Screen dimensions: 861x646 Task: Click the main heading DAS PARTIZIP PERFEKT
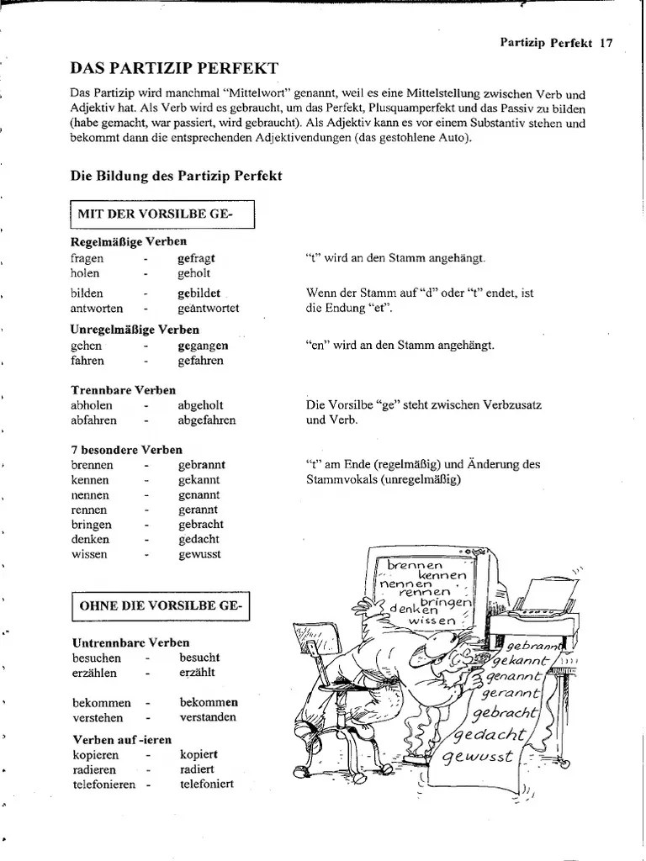point(174,67)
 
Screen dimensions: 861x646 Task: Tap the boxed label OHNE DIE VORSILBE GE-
point(161,605)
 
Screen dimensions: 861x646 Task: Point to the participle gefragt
point(197,259)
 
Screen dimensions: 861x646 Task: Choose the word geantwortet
point(209,308)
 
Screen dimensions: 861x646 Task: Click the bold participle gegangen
point(203,346)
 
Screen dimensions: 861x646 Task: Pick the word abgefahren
point(207,420)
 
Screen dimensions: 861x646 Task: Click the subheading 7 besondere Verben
point(127,450)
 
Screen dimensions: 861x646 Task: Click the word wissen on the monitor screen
point(431,621)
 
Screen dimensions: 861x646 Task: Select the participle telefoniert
point(206,784)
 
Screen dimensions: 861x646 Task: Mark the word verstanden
point(208,717)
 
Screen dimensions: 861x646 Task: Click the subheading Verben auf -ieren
point(122,739)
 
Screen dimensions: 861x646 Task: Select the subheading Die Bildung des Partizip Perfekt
point(176,176)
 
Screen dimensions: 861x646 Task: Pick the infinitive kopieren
point(96,754)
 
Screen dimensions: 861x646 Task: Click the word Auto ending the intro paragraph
point(454,138)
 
